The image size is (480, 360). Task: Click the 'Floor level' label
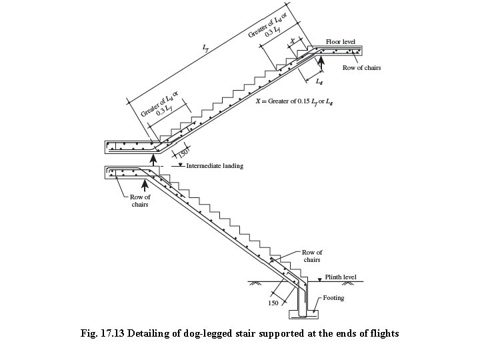click(341, 41)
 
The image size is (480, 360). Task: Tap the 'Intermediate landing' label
click(215, 166)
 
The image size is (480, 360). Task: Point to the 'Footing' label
click(333, 298)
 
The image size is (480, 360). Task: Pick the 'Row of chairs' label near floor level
click(362, 68)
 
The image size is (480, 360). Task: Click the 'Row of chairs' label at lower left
click(140, 201)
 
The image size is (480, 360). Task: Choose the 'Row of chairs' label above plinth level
click(312, 256)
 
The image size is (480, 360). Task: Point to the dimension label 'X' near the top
click(292, 41)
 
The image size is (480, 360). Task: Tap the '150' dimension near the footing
click(273, 303)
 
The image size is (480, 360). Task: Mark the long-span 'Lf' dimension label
click(205, 47)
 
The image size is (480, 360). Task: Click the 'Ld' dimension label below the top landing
click(319, 83)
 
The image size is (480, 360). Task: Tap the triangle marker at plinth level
click(319, 278)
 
